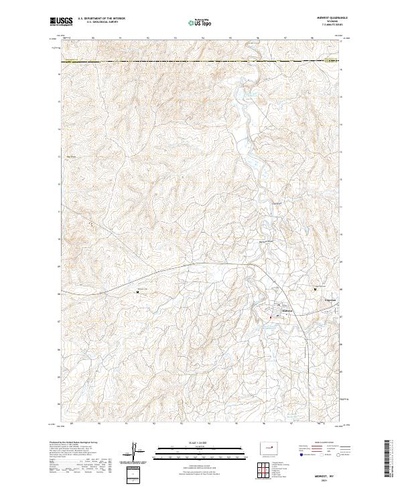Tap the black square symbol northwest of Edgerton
tap(316, 289)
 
